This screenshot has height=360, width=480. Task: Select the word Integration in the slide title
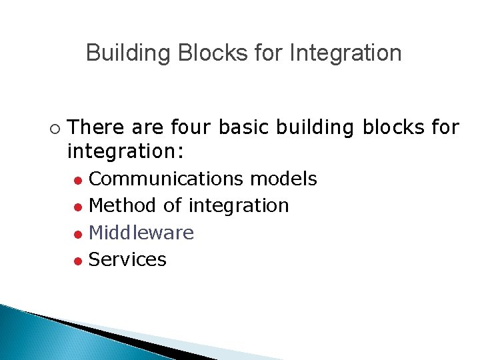click(345, 53)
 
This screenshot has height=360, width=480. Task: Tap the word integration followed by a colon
click(125, 152)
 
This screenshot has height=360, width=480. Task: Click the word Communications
click(167, 179)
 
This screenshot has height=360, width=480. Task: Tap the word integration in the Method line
click(239, 206)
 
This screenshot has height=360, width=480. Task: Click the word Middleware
click(141, 233)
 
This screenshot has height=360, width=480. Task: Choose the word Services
click(127, 259)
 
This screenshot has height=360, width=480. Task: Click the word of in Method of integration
click(172, 205)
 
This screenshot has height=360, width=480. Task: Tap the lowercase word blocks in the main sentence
click(391, 127)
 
